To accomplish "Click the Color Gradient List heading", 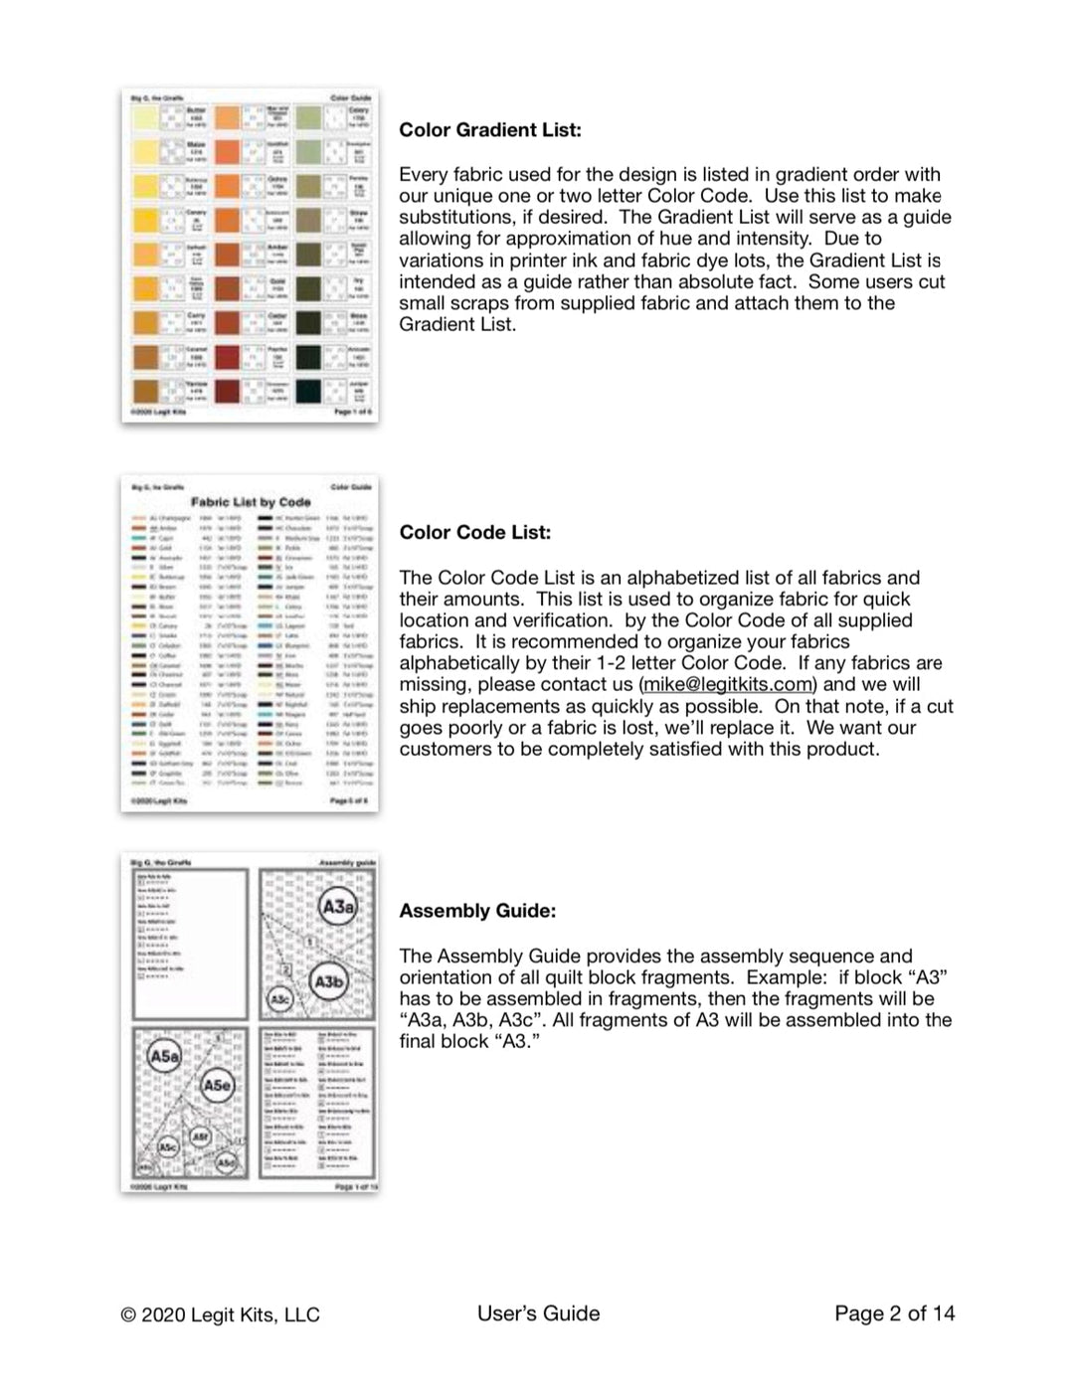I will [x=490, y=130].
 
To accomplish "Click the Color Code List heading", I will [x=474, y=533].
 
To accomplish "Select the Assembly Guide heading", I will [x=477, y=911].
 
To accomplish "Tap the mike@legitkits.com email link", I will [x=728, y=685].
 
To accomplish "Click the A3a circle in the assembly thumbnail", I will [x=338, y=906].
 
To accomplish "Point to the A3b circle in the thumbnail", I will [x=329, y=982].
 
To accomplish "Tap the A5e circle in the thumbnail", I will [x=218, y=1085].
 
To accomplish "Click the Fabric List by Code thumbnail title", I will [x=251, y=503].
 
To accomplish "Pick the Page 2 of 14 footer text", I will [x=894, y=1313].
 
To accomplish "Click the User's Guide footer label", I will [x=538, y=1313].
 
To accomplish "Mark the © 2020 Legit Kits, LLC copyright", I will [x=220, y=1314].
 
